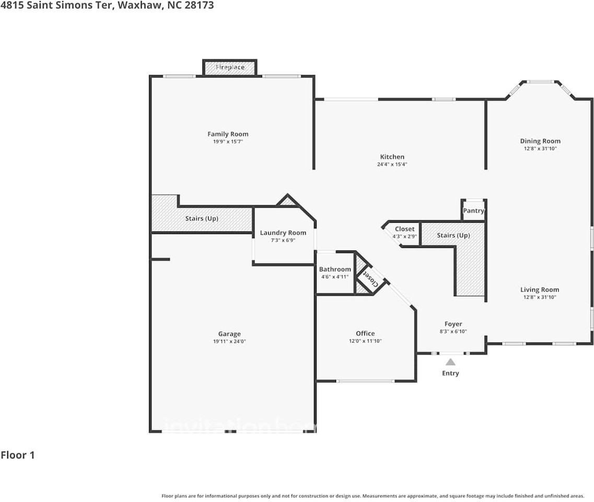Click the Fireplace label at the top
(x=230, y=67)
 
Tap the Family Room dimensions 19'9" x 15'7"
(x=228, y=142)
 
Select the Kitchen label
(x=392, y=157)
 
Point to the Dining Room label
(x=540, y=141)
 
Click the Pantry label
(x=474, y=211)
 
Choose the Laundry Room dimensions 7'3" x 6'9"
(x=283, y=240)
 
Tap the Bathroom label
(x=335, y=269)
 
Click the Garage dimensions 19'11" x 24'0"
(x=229, y=341)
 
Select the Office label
(x=365, y=333)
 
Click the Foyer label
(x=453, y=324)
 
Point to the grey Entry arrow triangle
(x=450, y=362)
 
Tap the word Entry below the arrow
(x=450, y=373)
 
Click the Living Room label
(x=540, y=290)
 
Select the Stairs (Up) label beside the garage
(x=202, y=219)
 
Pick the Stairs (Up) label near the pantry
(x=453, y=235)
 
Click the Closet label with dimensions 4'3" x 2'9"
(x=404, y=229)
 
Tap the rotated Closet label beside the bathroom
(x=370, y=279)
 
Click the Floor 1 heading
(x=18, y=455)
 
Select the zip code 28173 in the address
(x=199, y=6)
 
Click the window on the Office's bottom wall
(x=365, y=381)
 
